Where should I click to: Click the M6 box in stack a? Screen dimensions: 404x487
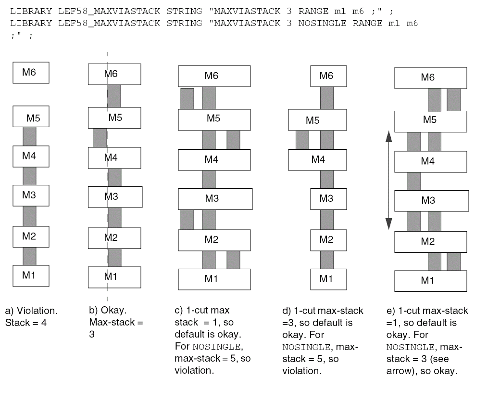pos(31,73)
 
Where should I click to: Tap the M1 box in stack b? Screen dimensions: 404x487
pos(114,277)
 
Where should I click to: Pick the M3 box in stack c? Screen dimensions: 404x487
pos(215,198)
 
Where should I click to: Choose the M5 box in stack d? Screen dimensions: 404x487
pos(317,120)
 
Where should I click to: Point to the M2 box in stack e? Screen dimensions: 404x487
pos(430,242)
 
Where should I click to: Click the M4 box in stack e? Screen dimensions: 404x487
pos(430,161)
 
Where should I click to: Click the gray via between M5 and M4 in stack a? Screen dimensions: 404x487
pos(30,136)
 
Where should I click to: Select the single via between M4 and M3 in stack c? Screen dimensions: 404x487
pos(209,179)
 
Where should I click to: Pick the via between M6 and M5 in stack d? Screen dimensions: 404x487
pos(327,98)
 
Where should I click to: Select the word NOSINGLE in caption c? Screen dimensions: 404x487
pos(192,347)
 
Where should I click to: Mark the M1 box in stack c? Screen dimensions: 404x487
pos(214,279)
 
